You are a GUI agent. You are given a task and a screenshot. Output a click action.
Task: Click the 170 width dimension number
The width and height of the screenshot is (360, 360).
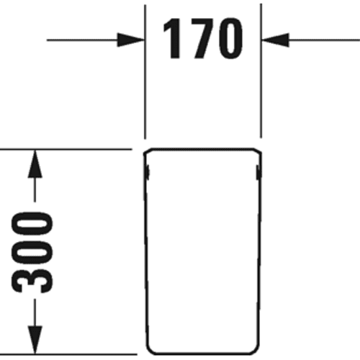(203, 38)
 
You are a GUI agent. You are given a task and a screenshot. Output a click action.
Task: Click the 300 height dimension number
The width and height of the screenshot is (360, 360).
(32, 253)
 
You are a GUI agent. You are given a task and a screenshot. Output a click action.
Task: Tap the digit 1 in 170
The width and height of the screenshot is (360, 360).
(172, 38)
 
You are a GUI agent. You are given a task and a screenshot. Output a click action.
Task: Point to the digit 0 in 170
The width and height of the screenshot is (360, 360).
(231, 38)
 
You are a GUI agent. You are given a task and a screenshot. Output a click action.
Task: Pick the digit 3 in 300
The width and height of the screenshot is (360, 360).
(32, 279)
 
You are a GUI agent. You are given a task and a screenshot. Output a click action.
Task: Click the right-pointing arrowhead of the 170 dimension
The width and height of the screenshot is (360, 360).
(131, 40)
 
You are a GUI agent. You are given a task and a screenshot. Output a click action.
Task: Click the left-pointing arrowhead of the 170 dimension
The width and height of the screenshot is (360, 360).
(276, 40)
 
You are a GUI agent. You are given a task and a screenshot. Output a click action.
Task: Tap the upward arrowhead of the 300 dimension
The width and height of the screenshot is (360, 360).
(35, 164)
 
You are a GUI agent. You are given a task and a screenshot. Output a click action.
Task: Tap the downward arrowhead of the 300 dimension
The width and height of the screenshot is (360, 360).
(35, 340)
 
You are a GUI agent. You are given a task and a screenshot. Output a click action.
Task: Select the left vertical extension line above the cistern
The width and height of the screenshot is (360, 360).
(145, 72)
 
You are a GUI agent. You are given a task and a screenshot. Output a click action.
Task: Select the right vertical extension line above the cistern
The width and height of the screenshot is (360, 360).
(261, 71)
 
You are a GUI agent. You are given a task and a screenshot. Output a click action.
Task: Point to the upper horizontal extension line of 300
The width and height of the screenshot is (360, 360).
(66, 149)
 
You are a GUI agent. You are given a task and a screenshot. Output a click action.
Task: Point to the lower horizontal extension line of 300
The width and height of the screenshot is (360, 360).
(68, 354)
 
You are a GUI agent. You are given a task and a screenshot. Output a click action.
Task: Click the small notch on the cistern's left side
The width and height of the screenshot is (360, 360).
(148, 172)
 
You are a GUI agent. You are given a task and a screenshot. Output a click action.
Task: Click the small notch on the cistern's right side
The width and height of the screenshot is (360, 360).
(258, 172)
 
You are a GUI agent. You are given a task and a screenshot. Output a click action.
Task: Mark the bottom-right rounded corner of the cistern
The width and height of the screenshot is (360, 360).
(255, 351)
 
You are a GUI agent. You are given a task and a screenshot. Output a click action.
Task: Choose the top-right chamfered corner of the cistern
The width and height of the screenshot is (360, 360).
(258, 150)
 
